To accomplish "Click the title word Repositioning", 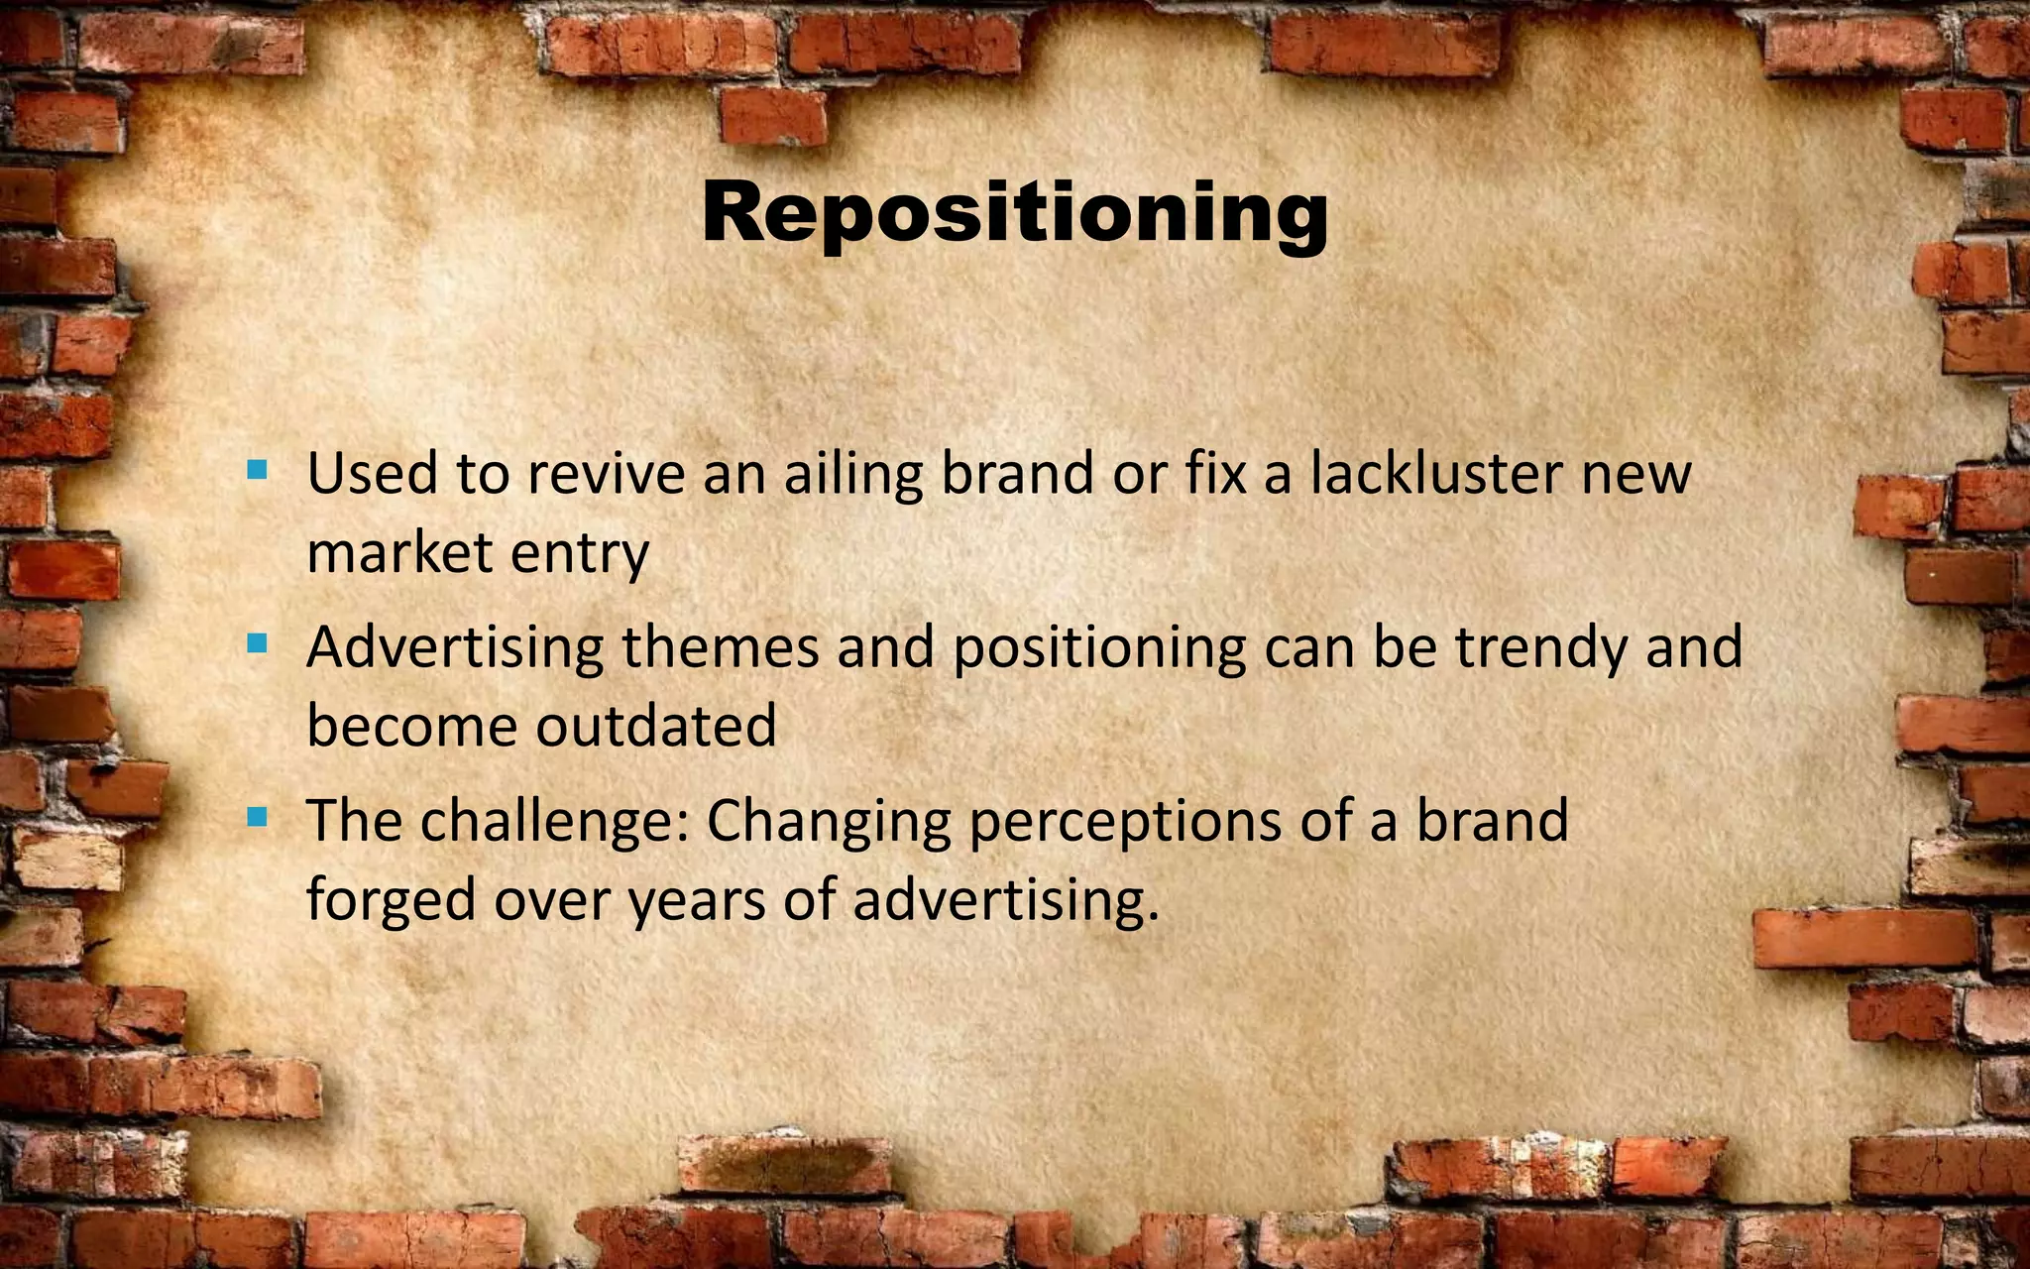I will [x=1014, y=213].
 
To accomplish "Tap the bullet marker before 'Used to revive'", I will [x=257, y=469].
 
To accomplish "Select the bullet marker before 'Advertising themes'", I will [x=257, y=644].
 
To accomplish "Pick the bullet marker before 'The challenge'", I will [x=257, y=817].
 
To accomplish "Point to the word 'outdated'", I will [x=656, y=726].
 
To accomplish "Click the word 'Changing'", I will [x=828, y=822].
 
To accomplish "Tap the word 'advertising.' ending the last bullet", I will [x=1005, y=900].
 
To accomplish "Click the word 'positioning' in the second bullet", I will [x=1099, y=648].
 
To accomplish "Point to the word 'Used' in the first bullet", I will [x=372, y=473].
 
